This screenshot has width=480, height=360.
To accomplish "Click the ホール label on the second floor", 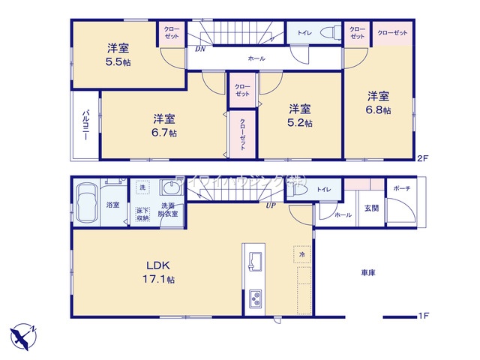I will (x=256, y=57).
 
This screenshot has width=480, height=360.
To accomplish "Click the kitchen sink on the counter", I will (x=253, y=262).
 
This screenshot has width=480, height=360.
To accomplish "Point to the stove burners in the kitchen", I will (x=254, y=299).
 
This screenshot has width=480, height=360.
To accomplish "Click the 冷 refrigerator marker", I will (x=301, y=254).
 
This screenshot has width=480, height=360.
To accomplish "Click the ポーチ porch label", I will (x=401, y=188).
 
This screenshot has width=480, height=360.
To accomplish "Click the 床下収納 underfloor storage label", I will (x=142, y=214).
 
